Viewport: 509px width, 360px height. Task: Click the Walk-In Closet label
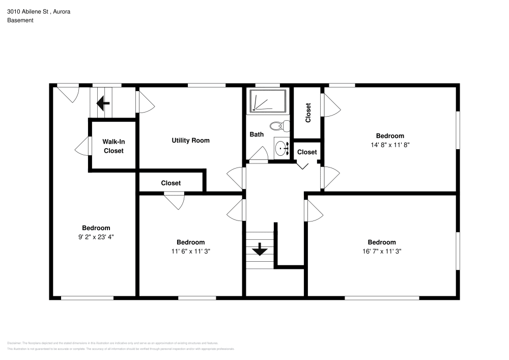(x=113, y=146)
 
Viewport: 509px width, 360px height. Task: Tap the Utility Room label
(x=190, y=140)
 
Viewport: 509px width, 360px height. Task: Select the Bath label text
(x=256, y=134)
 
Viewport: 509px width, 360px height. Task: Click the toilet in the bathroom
(x=277, y=126)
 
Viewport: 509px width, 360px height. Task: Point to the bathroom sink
(x=280, y=149)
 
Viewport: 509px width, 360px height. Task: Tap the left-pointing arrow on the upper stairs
(x=103, y=104)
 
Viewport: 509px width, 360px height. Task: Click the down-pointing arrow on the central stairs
(x=260, y=250)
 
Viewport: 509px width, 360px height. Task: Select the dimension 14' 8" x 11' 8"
(x=390, y=144)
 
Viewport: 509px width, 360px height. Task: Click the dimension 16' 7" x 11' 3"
(x=382, y=251)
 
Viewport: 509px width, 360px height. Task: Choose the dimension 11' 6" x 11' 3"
(x=190, y=251)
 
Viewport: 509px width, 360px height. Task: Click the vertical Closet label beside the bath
(x=308, y=113)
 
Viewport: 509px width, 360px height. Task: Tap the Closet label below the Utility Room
(x=171, y=183)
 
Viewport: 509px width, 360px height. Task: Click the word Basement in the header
(x=20, y=20)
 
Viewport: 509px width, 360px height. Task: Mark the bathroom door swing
(x=259, y=154)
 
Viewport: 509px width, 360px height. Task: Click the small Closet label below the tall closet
(x=307, y=152)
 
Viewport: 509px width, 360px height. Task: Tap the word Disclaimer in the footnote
(x=14, y=343)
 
